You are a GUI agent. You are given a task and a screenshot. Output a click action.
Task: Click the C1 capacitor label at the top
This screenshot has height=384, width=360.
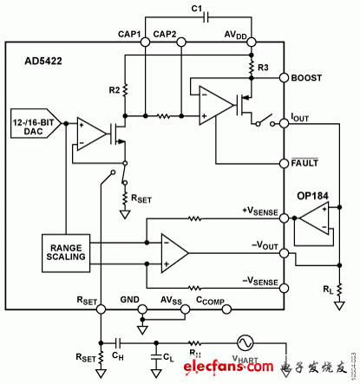(195, 10)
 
